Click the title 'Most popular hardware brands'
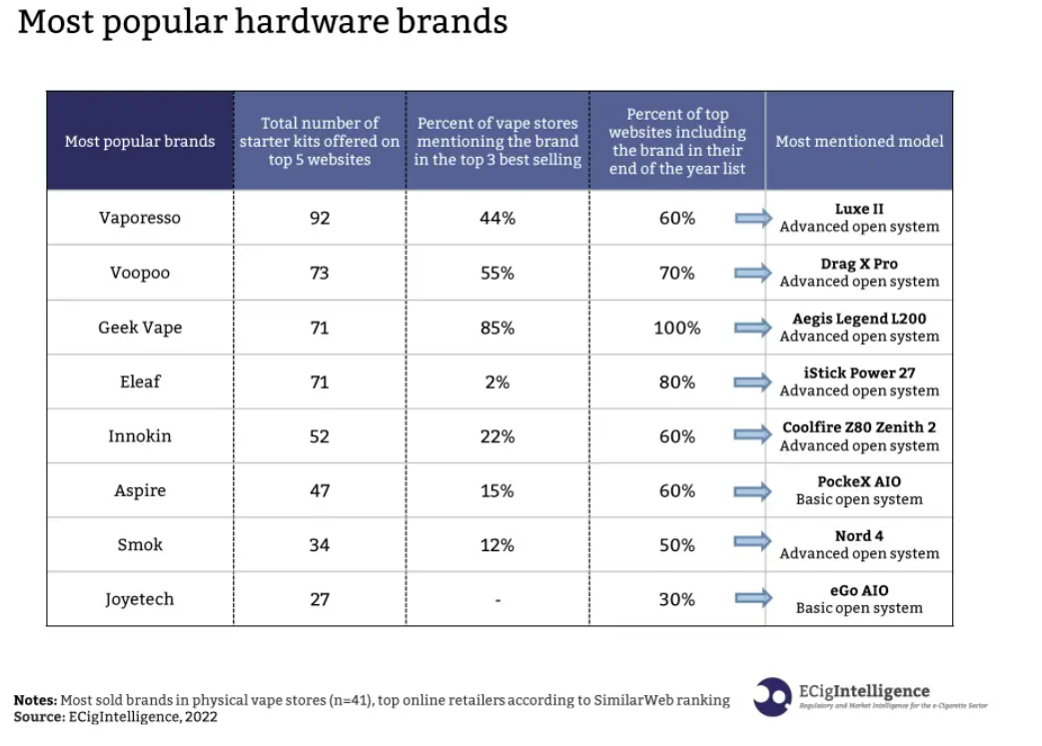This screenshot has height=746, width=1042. click(262, 22)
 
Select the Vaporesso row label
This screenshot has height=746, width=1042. click(140, 218)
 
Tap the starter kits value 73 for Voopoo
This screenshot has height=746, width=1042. click(320, 273)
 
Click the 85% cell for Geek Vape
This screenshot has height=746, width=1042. click(498, 328)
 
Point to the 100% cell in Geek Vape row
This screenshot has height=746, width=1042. click(677, 328)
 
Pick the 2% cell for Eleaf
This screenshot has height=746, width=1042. click(498, 382)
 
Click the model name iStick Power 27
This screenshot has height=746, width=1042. click(859, 373)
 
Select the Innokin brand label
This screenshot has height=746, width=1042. click(140, 436)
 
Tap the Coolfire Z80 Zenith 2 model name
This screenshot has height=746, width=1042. click(859, 427)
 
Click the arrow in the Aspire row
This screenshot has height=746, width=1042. click(753, 491)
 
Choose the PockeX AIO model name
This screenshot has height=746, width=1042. click(859, 481)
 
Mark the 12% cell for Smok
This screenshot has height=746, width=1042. click(498, 545)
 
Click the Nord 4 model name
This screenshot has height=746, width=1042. click(859, 535)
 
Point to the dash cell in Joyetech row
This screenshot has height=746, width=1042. click(498, 600)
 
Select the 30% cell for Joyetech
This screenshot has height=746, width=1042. click(677, 599)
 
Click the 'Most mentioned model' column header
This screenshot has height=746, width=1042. click(859, 141)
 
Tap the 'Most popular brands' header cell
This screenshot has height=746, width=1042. click(140, 141)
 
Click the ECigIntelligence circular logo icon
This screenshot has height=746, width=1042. click(772, 696)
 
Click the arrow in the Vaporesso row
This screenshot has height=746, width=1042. click(753, 218)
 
